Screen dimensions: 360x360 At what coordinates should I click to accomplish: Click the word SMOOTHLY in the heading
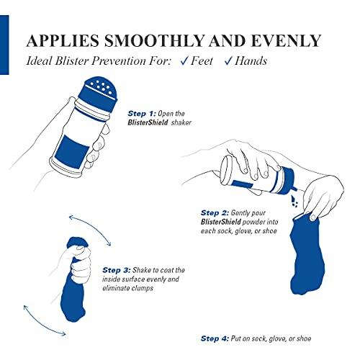pyautogui.click(x=163, y=38)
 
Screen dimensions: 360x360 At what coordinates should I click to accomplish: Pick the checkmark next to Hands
pyautogui.click(x=228, y=61)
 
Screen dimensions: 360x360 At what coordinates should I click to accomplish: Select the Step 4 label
pyautogui.click(x=213, y=338)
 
